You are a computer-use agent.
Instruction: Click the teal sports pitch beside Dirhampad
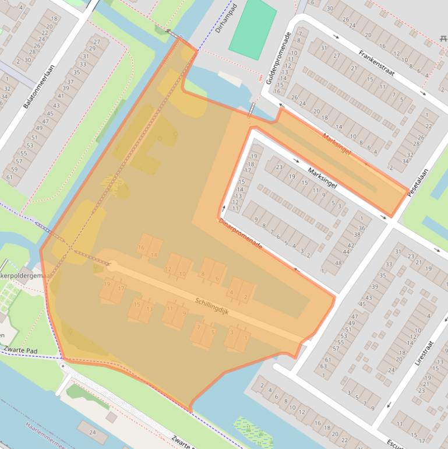252,29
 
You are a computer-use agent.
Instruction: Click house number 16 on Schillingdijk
140,248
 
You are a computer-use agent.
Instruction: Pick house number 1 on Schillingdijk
245,338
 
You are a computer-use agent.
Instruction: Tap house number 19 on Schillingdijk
107,283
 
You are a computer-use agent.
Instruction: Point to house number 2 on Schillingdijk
245,297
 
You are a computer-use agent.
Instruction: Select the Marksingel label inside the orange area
337,144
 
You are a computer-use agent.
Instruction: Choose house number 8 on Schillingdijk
203,275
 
